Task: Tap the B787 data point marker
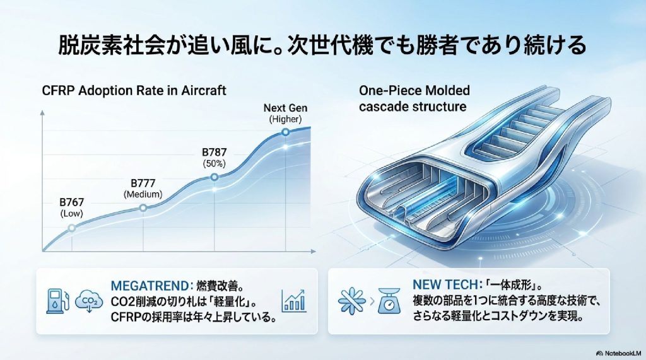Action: coord(214,178)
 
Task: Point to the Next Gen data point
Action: coord(285,132)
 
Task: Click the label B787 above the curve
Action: coord(214,152)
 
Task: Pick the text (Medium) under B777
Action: coord(143,194)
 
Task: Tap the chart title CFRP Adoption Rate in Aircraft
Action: coord(134,90)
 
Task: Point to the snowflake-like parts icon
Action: coord(348,301)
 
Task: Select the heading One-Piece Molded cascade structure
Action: coord(413,98)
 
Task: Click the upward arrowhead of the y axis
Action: coord(42,114)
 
